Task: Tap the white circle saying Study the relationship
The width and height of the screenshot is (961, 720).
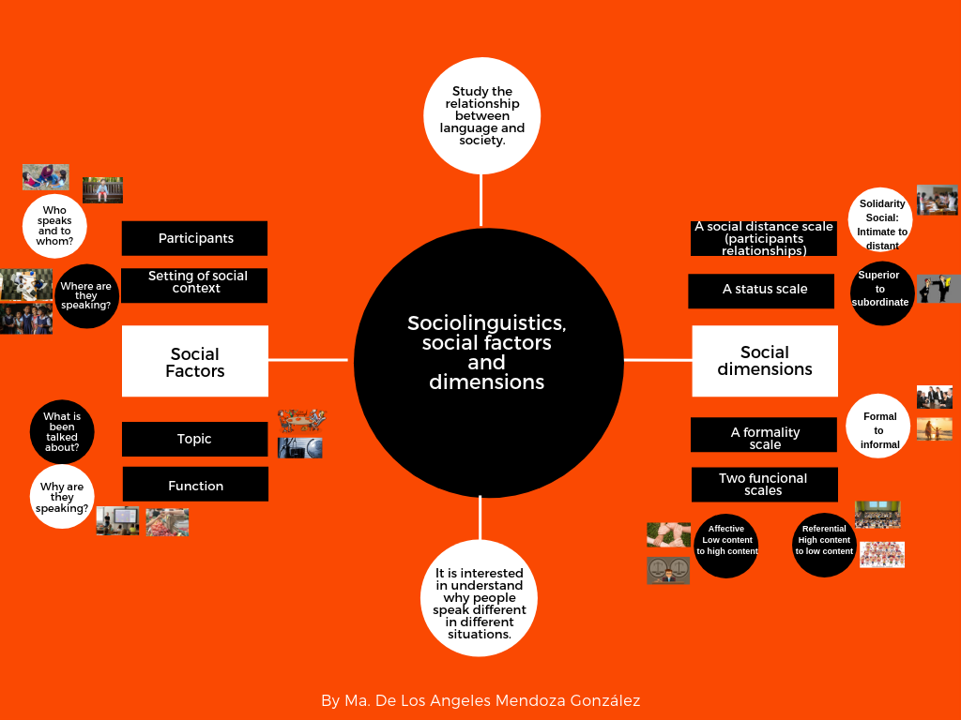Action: point(481,116)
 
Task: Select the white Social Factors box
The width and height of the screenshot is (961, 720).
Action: point(195,361)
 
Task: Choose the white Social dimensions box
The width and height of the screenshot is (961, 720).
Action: point(764,361)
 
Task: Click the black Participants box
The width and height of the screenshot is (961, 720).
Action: point(195,238)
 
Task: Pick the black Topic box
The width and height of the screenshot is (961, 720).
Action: point(195,439)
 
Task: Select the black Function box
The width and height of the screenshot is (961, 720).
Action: point(195,485)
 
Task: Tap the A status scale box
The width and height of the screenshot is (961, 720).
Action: point(761,291)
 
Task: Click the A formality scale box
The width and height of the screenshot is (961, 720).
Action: point(764,436)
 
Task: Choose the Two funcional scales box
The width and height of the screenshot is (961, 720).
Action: point(763,484)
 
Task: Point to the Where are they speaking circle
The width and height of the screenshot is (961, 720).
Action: point(86,295)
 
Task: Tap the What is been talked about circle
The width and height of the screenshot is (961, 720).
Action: point(62,432)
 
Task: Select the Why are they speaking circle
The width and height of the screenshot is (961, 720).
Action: point(62,497)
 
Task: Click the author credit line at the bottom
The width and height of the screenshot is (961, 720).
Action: point(480,700)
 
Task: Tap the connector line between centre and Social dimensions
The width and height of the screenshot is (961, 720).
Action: point(658,360)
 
